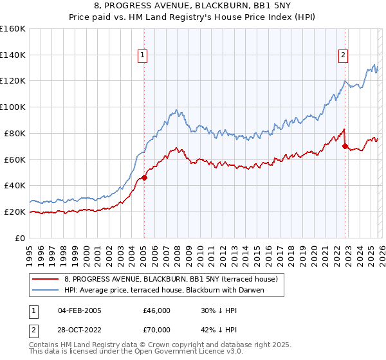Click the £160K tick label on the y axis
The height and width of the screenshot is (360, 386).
(x=13, y=29)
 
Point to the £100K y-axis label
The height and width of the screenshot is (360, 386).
(x=13, y=107)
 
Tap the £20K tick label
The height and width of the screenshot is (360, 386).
(x=15, y=212)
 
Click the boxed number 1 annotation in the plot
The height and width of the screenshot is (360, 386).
(x=142, y=55)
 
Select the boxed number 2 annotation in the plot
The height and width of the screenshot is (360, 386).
(x=344, y=55)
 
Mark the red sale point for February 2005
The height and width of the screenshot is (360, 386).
(x=144, y=177)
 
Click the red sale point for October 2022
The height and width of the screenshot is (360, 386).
(x=345, y=146)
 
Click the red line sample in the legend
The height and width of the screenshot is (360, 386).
(x=46, y=279)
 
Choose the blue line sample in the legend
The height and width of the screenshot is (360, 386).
(x=46, y=290)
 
